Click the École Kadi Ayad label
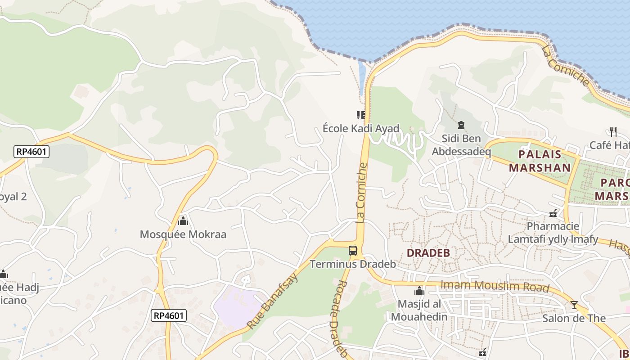(361, 129)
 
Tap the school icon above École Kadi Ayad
(361, 115)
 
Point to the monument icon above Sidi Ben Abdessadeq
(461, 125)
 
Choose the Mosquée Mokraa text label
(183, 234)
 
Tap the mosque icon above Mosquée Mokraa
(183, 221)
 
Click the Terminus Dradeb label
(353, 264)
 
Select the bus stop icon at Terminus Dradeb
(353, 251)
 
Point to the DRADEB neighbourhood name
(428, 253)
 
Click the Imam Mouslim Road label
(495, 286)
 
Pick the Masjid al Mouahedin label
(419, 310)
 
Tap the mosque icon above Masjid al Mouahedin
(419, 291)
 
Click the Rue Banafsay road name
(273, 300)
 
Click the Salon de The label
(574, 319)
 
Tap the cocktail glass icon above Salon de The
(574, 305)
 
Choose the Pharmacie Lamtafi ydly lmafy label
(553, 233)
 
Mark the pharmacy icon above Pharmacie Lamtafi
(553, 213)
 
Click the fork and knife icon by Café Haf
(613, 131)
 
